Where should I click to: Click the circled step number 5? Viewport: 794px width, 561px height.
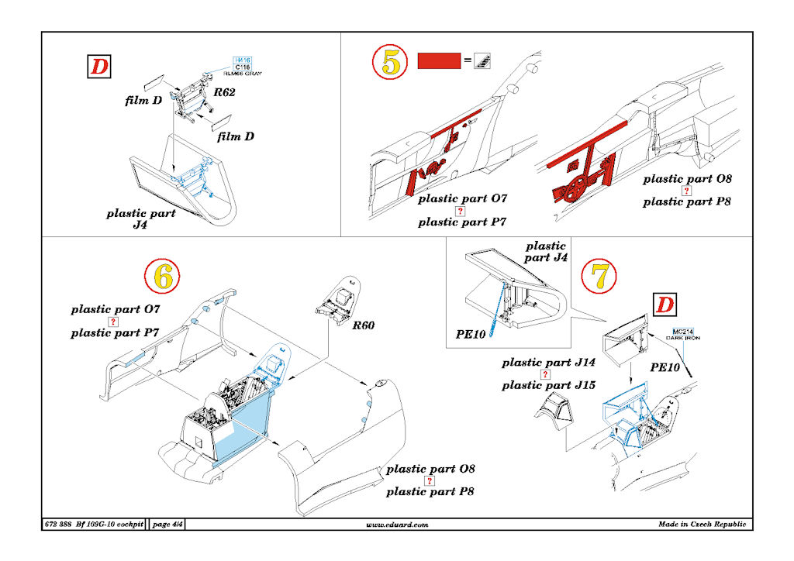click(391, 63)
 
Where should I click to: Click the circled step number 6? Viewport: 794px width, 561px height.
click(162, 275)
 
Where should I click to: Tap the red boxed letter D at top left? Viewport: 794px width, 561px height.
click(98, 67)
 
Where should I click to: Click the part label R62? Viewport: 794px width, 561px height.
click(226, 92)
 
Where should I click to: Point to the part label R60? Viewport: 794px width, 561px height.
click(363, 325)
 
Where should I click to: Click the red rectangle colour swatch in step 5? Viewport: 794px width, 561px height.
click(440, 61)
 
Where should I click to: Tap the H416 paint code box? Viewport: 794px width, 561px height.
click(243, 60)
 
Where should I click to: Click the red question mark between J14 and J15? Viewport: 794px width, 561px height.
click(545, 374)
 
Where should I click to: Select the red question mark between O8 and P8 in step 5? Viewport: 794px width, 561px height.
click(686, 191)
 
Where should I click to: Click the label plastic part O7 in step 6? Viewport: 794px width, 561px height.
click(117, 309)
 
